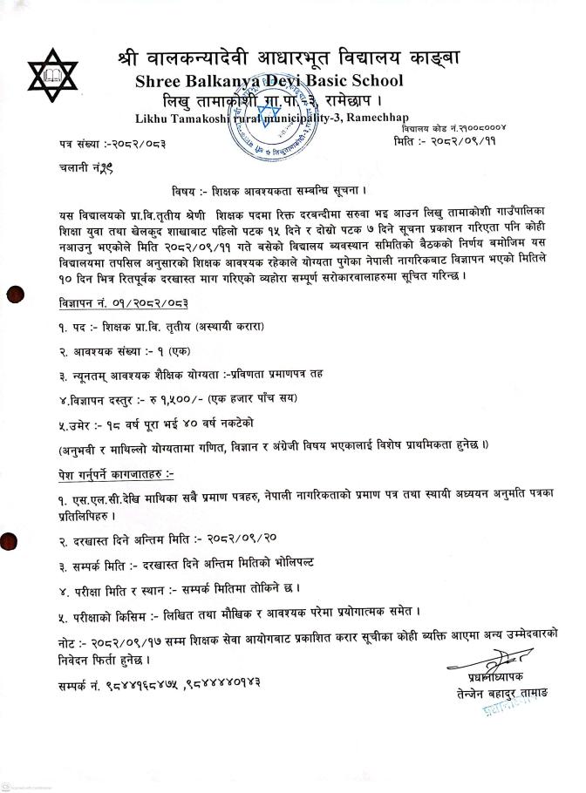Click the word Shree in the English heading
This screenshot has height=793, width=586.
[160, 83]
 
